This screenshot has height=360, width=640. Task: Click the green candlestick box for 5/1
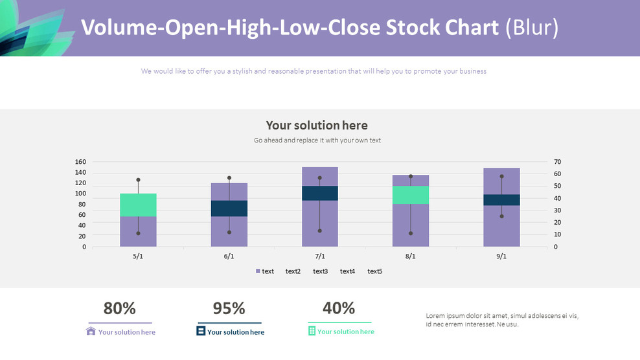tap(138, 205)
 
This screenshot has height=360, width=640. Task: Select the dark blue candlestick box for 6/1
tap(229, 208)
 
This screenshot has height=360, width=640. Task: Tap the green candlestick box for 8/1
tap(411, 195)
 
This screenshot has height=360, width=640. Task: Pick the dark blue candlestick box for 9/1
tap(501, 200)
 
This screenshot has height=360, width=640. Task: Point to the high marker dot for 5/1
tap(138, 180)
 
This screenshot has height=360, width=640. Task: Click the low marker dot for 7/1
tap(320, 231)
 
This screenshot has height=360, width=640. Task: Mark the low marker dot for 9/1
tap(501, 216)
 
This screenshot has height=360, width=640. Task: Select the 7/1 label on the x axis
tap(320, 256)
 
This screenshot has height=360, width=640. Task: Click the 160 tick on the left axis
tap(80, 162)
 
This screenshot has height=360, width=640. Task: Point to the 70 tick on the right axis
tap(557, 162)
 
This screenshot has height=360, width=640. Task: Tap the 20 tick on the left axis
tap(82, 236)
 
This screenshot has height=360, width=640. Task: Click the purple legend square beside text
tap(258, 271)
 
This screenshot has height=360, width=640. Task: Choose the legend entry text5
tap(375, 271)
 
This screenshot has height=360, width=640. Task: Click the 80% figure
tap(120, 308)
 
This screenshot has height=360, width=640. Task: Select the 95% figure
tap(229, 308)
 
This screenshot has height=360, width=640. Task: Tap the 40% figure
tap(339, 308)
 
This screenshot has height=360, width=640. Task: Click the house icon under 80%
tap(91, 332)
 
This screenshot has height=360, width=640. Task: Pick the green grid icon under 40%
tap(312, 332)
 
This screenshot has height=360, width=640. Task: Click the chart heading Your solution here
tap(317, 126)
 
